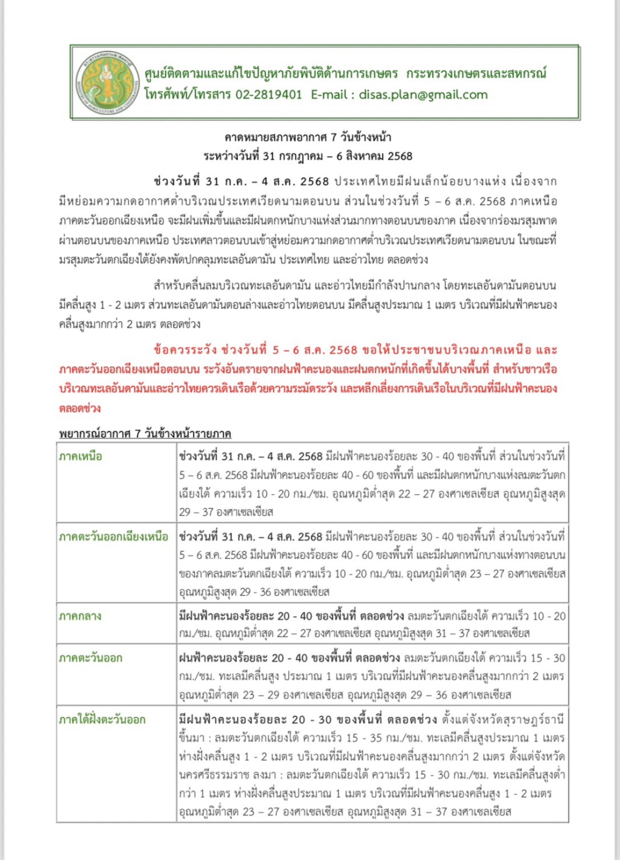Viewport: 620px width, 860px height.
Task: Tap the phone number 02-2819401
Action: pyautogui.click(x=268, y=95)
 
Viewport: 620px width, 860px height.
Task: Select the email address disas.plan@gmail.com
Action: pyautogui.click(x=423, y=95)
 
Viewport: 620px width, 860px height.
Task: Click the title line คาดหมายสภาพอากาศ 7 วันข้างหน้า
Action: pyautogui.click(x=308, y=137)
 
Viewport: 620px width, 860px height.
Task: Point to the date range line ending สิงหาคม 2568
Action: pyautogui.click(x=308, y=156)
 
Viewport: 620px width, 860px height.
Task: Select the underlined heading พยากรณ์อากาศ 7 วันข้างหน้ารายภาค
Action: pyautogui.click(x=145, y=433)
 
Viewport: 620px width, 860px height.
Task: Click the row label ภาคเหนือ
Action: pyautogui.click(x=81, y=456)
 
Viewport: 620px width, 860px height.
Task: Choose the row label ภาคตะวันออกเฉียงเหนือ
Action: pyautogui.click(x=113, y=536)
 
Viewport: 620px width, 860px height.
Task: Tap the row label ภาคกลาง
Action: pyautogui.click(x=80, y=616)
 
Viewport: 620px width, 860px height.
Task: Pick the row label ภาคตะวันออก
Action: pyautogui.click(x=91, y=658)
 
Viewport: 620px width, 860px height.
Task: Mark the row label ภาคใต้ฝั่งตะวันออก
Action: pyautogui.click(x=102, y=720)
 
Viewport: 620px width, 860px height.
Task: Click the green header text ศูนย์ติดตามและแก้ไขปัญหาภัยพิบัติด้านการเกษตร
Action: pyautogui.click(x=271, y=74)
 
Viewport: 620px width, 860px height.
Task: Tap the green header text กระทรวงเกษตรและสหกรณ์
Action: pyautogui.click(x=476, y=74)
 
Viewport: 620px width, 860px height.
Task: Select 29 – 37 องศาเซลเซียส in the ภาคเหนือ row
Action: pyautogui.click(x=226, y=512)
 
